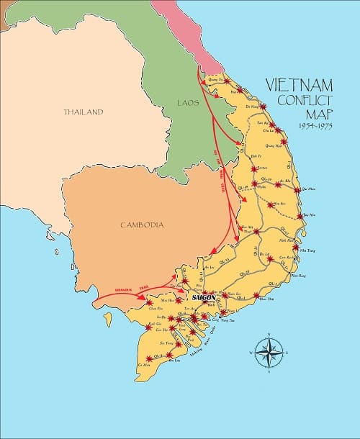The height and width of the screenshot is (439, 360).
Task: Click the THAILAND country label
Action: coord(83,112)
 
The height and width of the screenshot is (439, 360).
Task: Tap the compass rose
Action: coord(268,353)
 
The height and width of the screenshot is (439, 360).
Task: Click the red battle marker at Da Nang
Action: coord(263,107)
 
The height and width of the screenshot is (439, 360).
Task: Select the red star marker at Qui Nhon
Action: coord(297,191)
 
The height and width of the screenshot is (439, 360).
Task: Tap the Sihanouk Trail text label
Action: coord(118,290)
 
